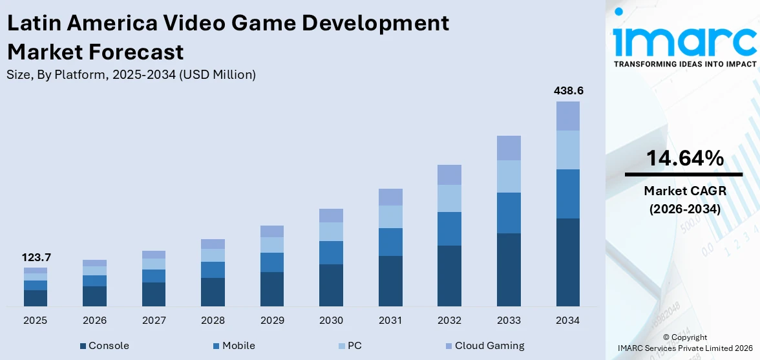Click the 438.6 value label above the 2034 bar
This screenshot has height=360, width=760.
[568, 91]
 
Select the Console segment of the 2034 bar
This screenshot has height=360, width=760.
[568, 262]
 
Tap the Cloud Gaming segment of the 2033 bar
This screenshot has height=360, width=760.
[509, 148]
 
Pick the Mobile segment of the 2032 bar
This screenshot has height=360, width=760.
[449, 228]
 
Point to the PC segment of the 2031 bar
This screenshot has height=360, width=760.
[390, 217]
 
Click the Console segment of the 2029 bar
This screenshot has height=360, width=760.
[272, 288]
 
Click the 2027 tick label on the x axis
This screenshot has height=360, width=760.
[154, 320]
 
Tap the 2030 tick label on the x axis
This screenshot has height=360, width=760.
[331, 320]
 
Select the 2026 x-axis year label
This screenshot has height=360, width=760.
[94, 320]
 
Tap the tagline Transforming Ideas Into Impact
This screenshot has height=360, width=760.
[684, 64]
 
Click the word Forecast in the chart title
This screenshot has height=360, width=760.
[96, 51]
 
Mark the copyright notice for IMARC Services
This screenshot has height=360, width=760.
[684, 343]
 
